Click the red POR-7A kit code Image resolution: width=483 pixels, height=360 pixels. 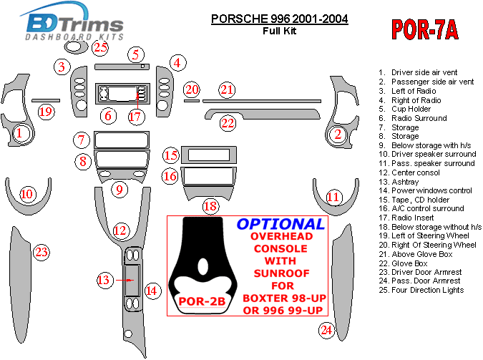coord(425,29)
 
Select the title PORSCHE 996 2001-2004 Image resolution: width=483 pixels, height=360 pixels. coord(279,19)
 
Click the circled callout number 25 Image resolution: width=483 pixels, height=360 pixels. coord(100,47)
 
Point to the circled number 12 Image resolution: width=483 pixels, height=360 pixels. coord(120,230)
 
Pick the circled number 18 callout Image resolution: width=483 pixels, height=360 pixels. coord(210,206)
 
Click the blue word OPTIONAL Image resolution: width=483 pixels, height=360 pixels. coord(280,224)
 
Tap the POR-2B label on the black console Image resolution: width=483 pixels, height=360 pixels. coord(202,301)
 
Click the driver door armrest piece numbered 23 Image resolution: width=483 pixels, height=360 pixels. coord(20,285)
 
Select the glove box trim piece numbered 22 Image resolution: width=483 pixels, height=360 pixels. coord(263,113)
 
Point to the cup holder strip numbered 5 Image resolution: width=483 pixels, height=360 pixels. coord(122,67)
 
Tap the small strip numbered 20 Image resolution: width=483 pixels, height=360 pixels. coord(192,101)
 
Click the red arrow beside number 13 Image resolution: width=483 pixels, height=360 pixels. coord(125,280)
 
